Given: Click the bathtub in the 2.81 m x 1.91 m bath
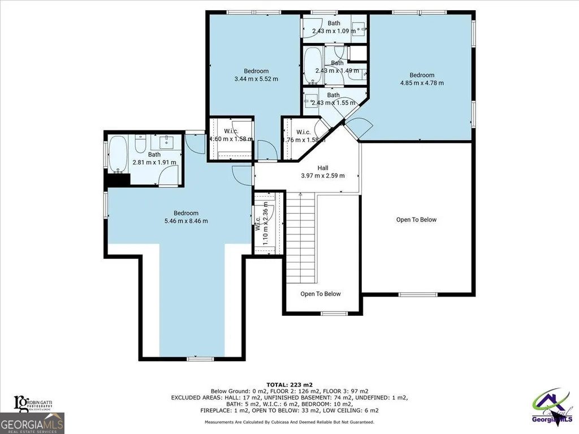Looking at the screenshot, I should coord(118,154).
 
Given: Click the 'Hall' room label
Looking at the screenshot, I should coord(322,168).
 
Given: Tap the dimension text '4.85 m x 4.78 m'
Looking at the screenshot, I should coord(422,83).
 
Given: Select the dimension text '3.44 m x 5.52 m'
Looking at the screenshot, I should coord(256,79).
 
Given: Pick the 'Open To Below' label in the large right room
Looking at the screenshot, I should coord(416,220).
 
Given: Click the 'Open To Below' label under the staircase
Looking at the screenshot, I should coord(321,294).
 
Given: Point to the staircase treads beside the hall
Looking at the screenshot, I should coord(300,237).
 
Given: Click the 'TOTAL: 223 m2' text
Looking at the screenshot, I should coord(289,385).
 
